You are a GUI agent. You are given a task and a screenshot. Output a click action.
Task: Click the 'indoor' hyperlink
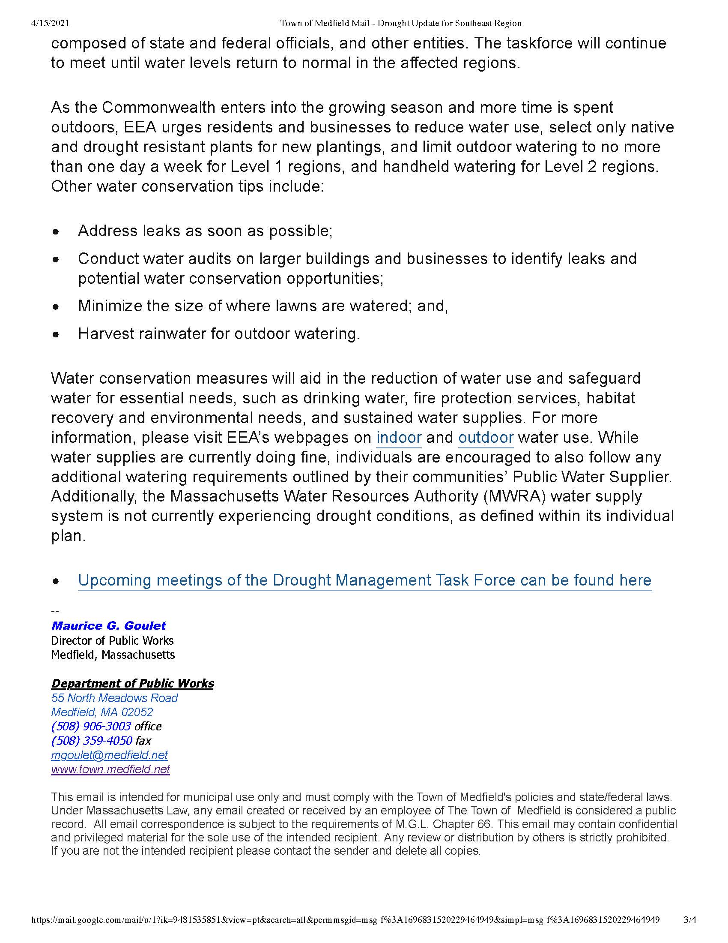[x=399, y=437]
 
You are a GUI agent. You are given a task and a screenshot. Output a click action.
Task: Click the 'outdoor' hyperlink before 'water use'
[x=486, y=437]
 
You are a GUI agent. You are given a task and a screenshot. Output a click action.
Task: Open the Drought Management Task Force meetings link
[x=364, y=580]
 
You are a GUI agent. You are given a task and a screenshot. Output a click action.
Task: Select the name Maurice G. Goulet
[x=108, y=626]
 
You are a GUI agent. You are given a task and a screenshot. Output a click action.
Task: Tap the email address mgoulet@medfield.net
[x=109, y=755]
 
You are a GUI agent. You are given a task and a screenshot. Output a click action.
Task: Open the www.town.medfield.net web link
[x=110, y=769]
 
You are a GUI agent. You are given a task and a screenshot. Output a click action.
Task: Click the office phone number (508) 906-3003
[x=91, y=726]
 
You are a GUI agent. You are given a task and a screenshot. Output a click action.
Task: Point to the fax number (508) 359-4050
[x=92, y=741]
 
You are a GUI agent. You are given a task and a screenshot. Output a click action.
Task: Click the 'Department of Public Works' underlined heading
[x=132, y=684]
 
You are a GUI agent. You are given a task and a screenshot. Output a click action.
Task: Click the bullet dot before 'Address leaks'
[x=56, y=232]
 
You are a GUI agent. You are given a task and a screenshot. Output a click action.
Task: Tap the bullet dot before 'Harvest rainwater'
[x=56, y=335]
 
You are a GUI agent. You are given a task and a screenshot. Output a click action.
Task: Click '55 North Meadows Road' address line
[x=114, y=698]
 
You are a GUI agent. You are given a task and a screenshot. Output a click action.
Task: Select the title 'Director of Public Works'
[x=112, y=640]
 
